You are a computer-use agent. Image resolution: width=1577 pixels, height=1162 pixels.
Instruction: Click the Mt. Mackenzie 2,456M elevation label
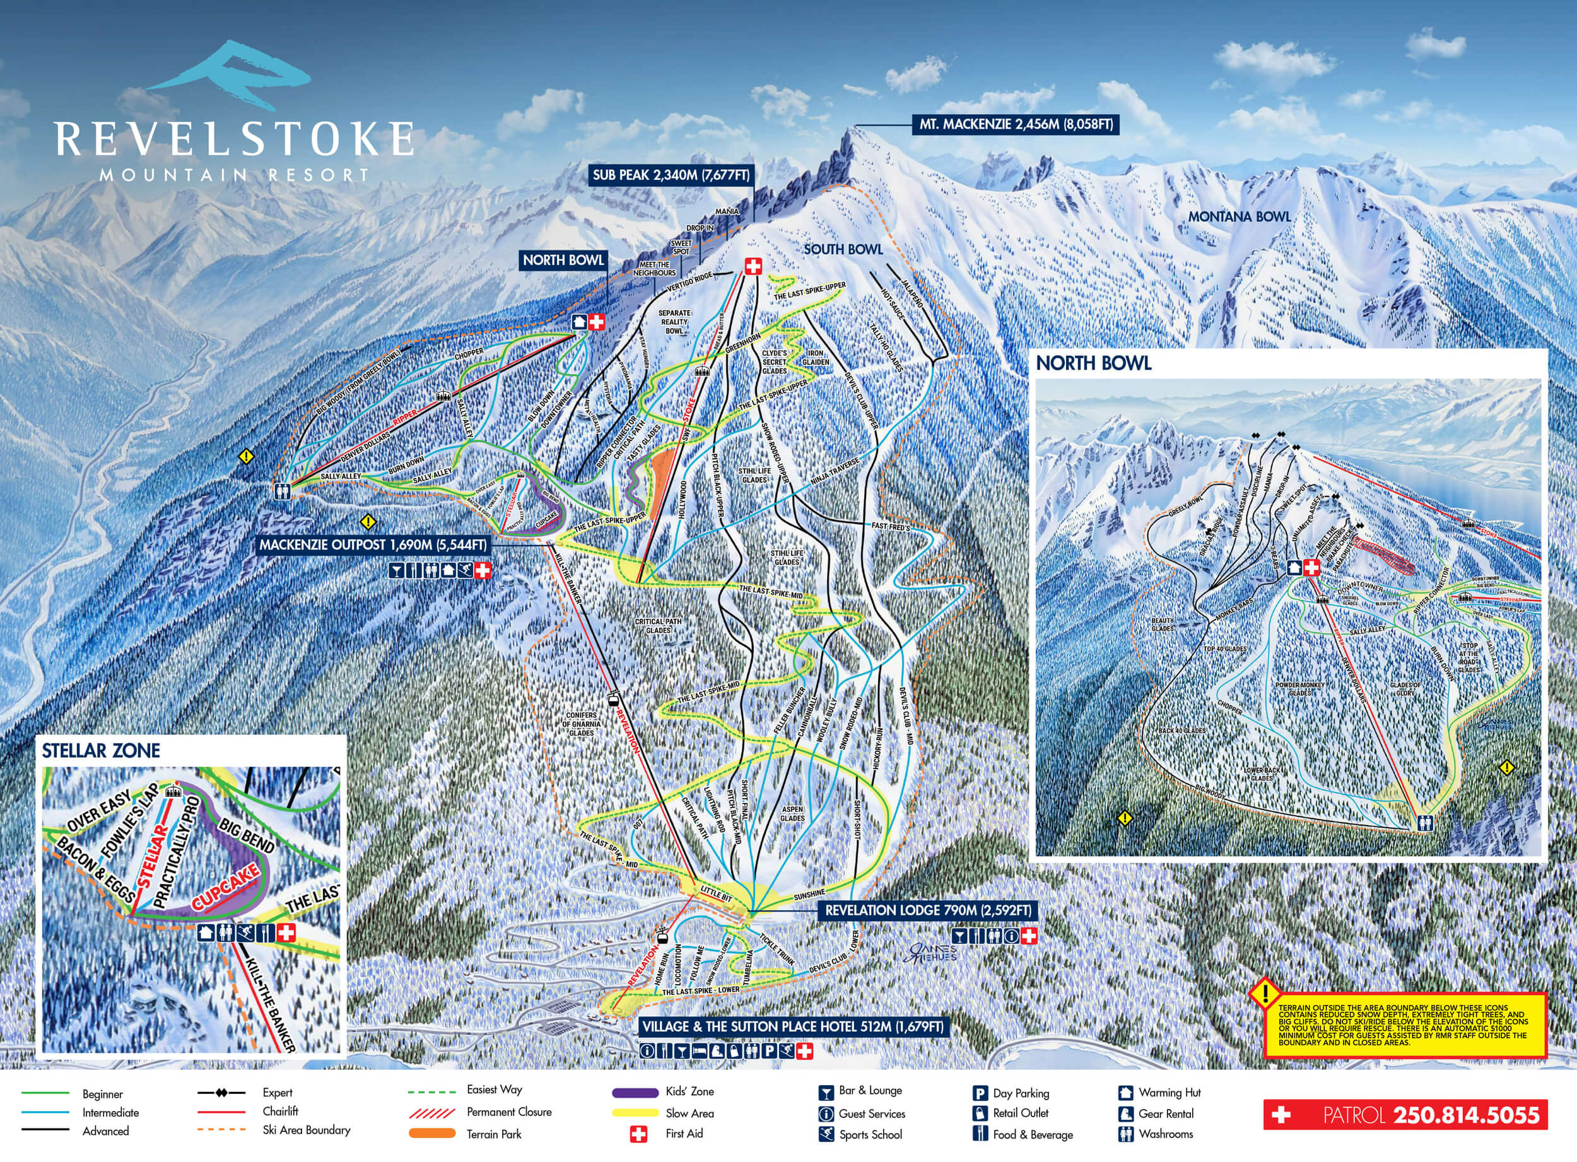(1016, 125)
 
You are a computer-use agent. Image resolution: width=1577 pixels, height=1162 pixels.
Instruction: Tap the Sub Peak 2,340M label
(671, 175)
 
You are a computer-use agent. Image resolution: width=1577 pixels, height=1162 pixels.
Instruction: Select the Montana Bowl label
(1240, 216)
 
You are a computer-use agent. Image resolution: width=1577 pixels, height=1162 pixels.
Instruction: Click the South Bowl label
(843, 249)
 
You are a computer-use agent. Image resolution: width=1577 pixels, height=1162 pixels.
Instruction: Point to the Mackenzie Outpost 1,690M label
(373, 545)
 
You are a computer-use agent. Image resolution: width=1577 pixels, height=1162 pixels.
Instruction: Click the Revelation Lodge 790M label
(929, 910)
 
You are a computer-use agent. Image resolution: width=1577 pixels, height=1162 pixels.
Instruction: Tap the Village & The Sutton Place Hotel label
(793, 1026)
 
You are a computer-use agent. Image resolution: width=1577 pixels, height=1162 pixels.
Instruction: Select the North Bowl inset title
(1093, 363)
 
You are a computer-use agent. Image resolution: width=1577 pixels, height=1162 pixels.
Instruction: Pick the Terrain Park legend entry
(494, 1134)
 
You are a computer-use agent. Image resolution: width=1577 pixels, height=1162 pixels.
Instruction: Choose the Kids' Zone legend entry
(689, 1091)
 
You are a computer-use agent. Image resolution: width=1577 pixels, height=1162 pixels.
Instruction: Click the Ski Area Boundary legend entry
(306, 1130)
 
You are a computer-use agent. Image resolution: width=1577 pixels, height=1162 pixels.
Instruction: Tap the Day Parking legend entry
(1021, 1093)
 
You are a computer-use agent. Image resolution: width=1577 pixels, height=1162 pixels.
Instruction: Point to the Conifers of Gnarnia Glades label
(582, 724)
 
